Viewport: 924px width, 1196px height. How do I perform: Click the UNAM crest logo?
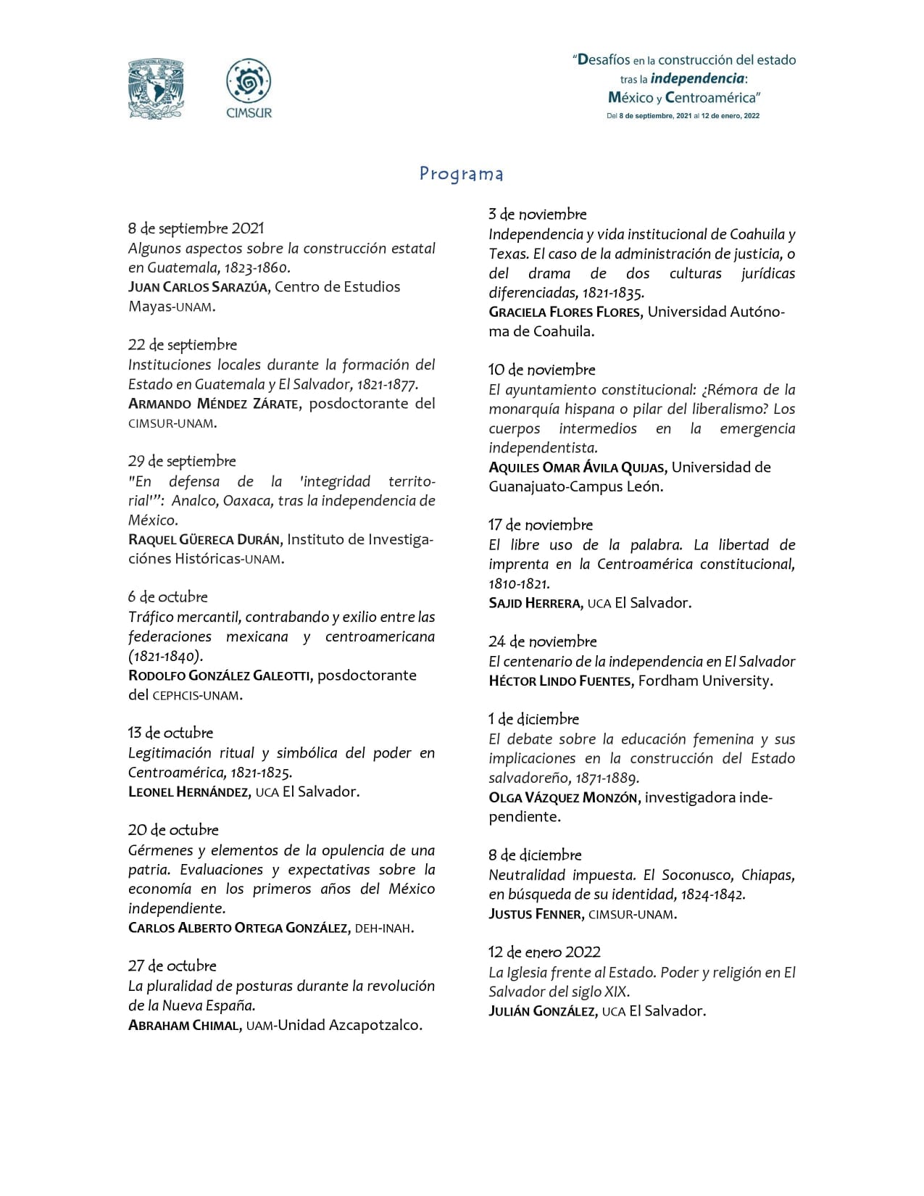click(x=155, y=89)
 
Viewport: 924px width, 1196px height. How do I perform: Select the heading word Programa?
click(x=462, y=174)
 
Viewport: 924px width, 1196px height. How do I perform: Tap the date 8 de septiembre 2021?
click(x=196, y=228)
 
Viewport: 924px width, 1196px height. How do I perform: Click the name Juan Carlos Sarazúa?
click(x=199, y=287)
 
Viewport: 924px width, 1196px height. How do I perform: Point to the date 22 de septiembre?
click(x=182, y=345)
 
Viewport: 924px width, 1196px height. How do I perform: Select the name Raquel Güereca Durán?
click(x=206, y=540)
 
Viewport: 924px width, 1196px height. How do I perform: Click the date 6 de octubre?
click(x=167, y=597)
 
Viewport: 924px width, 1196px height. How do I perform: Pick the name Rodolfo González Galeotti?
click(x=220, y=676)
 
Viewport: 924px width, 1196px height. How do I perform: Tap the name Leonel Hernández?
click(x=189, y=792)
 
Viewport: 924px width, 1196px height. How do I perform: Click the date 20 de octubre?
click(x=173, y=830)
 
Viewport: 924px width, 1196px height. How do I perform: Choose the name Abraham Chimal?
click(x=185, y=1026)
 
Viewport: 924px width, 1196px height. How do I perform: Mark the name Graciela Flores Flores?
click(x=565, y=312)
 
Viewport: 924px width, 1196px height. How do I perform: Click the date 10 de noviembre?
click(x=541, y=370)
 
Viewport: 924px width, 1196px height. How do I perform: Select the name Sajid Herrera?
click(x=535, y=603)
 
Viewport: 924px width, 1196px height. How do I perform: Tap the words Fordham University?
click(x=705, y=681)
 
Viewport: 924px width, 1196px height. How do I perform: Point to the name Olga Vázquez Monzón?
click(x=563, y=798)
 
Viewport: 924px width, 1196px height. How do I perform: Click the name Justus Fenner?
click(x=536, y=914)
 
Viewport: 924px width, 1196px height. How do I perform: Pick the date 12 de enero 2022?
click(x=544, y=952)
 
